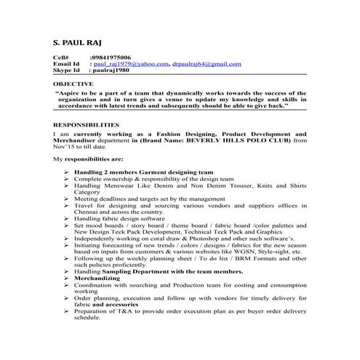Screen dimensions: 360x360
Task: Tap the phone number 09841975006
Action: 111,57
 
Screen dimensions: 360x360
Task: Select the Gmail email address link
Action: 207,64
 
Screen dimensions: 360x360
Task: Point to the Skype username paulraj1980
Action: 109,71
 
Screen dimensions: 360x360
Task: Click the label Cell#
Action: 61,57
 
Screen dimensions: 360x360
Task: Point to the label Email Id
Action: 66,64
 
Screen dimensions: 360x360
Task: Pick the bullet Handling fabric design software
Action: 119,218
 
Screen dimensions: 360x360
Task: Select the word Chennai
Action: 87,212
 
